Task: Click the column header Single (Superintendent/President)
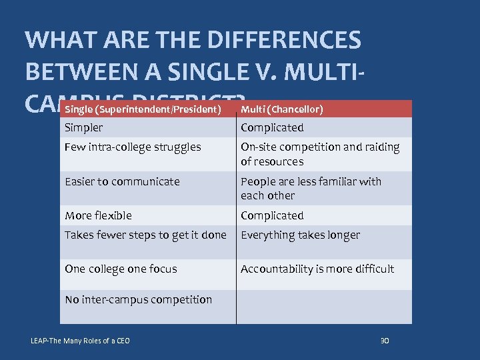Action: pos(143,109)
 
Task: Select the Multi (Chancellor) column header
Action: pos(282,109)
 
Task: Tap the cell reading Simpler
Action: pos(84,127)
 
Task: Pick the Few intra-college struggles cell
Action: pos(133,147)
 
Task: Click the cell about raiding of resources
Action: pos(320,154)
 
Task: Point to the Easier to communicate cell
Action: pos(122,181)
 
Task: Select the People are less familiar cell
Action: pos(311,188)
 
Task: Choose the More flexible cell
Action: pos(98,215)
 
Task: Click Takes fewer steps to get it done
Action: pos(145,235)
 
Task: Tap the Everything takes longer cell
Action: pos(300,235)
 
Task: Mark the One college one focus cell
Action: pos(121,269)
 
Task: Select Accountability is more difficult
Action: pos(317,269)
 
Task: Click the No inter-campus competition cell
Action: pos(138,299)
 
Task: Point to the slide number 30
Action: pos(384,341)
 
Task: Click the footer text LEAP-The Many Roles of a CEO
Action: pos(80,341)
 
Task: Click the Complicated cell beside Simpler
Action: pos(272,127)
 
